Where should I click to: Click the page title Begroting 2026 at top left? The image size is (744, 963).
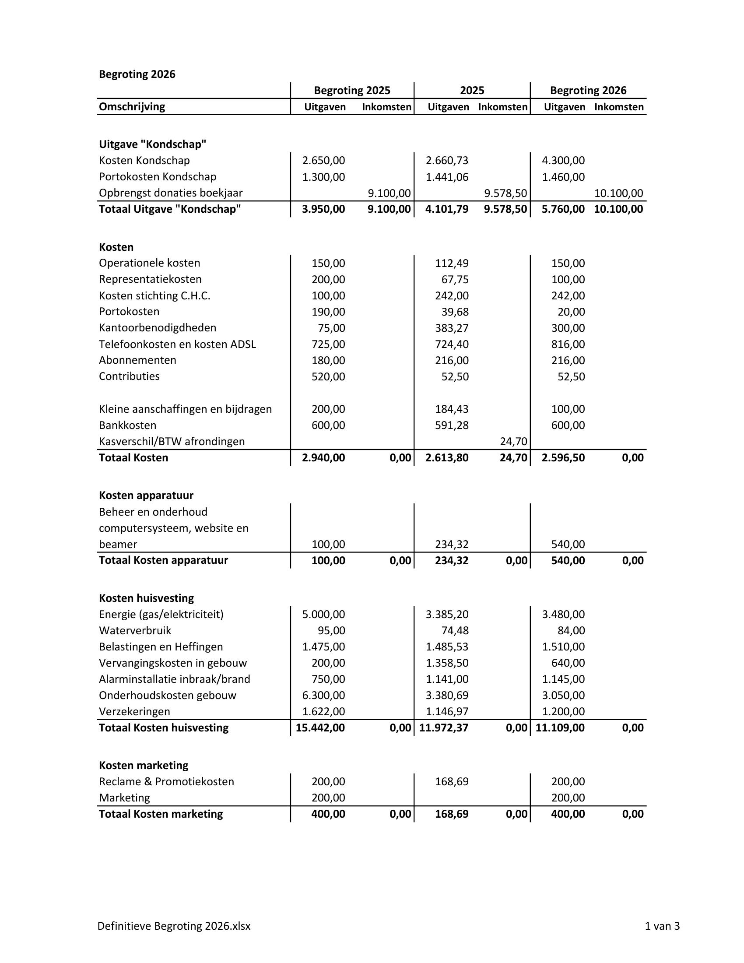click(137, 74)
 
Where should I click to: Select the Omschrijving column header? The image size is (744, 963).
click(132, 107)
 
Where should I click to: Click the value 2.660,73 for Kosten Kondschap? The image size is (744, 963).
click(447, 161)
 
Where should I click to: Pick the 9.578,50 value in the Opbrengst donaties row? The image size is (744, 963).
click(505, 193)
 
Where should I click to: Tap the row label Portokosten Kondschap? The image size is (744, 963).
click(158, 177)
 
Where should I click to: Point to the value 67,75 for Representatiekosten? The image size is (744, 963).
click(455, 280)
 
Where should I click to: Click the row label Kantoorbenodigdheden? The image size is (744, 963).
click(158, 328)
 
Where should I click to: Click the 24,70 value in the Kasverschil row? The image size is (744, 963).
click(513, 441)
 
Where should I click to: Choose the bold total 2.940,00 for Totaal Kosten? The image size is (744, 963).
click(323, 458)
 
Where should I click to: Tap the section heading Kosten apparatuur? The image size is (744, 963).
click(146, 496)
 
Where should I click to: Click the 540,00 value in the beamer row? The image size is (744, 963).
click(568, 545)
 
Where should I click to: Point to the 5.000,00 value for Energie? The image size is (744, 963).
click(323, 615)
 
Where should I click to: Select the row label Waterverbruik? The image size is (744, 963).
click(135, 631)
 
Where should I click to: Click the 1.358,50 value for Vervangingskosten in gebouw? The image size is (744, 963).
click(447, 663)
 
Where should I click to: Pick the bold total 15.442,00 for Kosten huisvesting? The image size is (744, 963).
click(320, 728)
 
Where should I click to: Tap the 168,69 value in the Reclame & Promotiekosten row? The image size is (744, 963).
click(451, 782)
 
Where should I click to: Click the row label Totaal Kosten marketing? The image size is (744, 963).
click(161, 814)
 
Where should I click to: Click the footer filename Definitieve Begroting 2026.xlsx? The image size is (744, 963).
click(174, 926)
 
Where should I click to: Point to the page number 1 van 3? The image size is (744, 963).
click(662, 926)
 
